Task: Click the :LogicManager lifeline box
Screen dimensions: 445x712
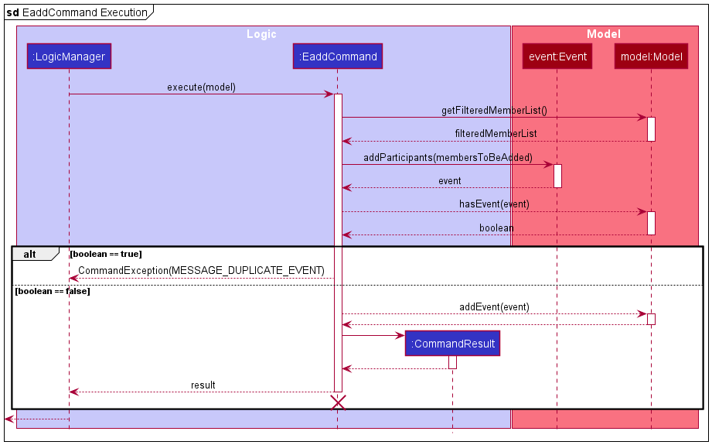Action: click(x=69, y=56)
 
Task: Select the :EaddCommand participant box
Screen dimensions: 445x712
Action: click(x=338, y=56)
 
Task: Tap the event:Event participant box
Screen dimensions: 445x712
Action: click(x=557, y=56)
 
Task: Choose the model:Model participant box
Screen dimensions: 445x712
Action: click(x=650, y=56)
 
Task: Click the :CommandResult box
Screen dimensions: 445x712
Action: click(x=452, y=344)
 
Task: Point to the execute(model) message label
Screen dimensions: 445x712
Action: click(x=201, y=87)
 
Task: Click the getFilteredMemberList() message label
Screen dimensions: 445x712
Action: click(x=494, y=111)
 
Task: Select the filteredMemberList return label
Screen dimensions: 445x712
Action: click(x=496, y=134)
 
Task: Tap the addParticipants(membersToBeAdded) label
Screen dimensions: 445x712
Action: click(x=448, y=157)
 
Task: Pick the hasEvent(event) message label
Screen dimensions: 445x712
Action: click(x=494, y=204)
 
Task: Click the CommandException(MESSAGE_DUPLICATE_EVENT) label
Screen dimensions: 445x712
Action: click(x=201, y=270)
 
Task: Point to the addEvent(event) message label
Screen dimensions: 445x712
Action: click(x=494, y=306)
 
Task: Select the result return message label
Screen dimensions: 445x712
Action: click(x=203, y=385)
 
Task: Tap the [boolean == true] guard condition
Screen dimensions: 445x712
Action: click(x=105, y=254)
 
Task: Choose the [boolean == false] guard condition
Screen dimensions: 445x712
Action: click(x=52, y=291)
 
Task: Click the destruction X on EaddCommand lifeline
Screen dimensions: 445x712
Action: click(x=338, y=402)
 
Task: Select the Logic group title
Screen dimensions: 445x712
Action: click(x=261, y=34)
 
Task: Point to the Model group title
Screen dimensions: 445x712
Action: click(x=603, y=34)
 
